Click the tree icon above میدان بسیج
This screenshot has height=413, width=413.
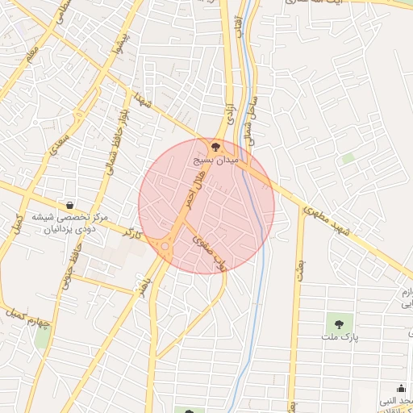(215, 147)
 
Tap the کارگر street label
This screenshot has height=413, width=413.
(132, 233)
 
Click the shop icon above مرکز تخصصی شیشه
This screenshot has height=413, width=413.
(71, 206)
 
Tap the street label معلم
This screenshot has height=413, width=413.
(31, 57)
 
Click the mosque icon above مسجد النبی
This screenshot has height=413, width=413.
(402, 389)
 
